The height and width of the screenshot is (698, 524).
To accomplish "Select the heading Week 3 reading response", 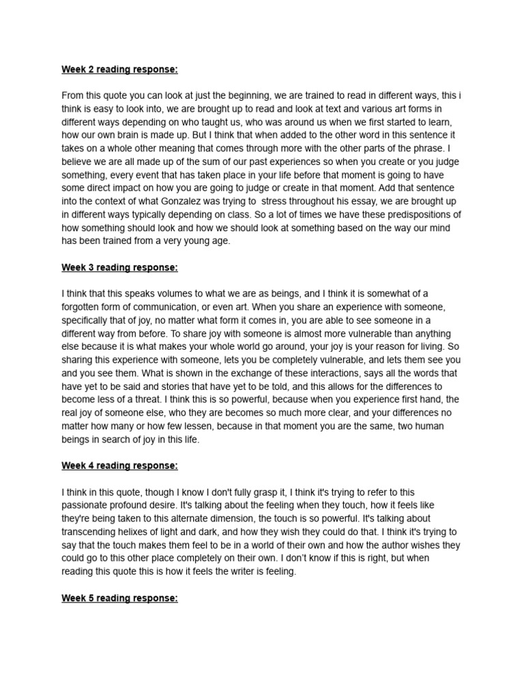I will point(119,268).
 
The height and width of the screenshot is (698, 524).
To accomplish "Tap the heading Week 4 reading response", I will point(119,466).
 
